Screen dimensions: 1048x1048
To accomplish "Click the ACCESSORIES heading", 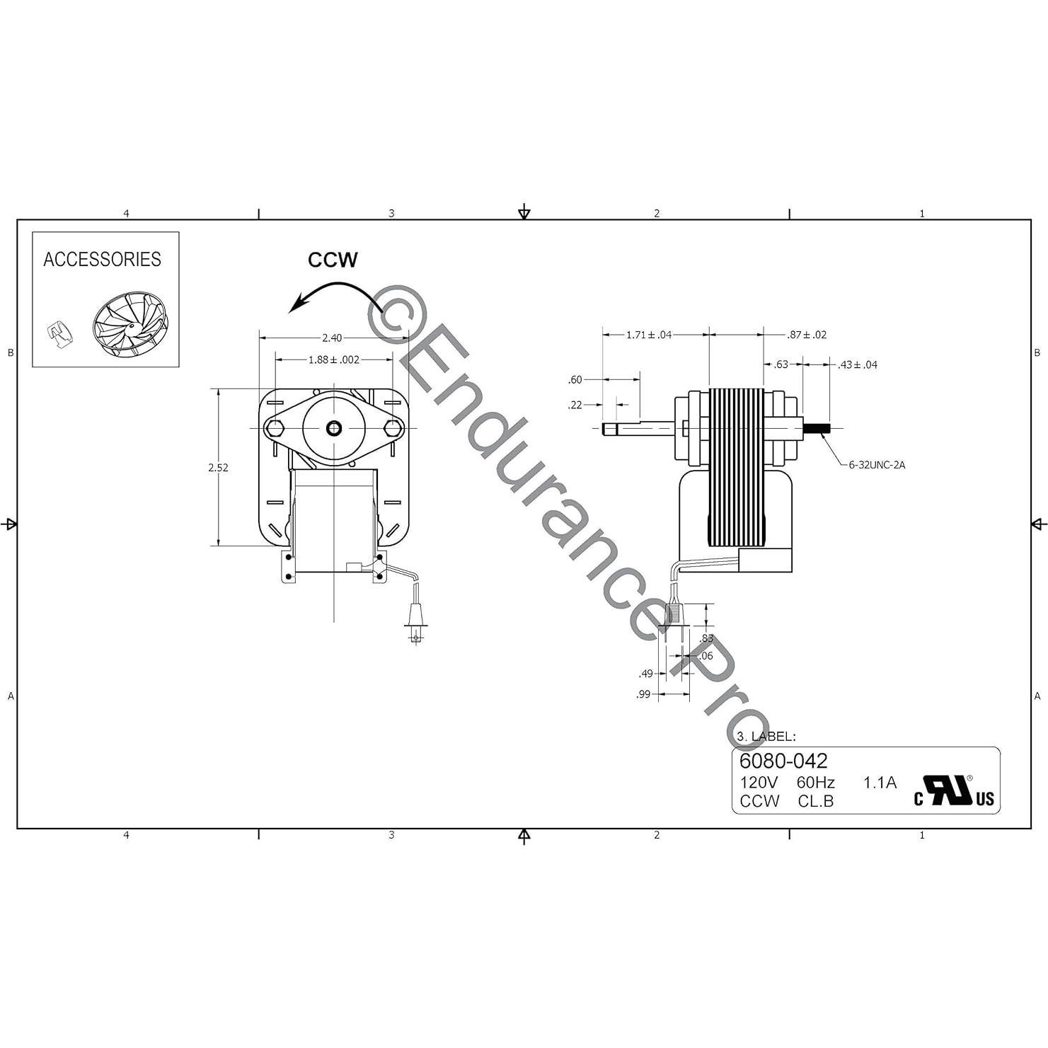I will [102, 260].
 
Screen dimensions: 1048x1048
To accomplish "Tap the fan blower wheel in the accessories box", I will [130, 326].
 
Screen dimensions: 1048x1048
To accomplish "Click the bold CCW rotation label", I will [333, 260].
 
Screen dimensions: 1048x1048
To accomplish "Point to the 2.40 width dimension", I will [332, 338].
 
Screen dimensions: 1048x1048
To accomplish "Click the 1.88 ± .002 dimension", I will [333, 359].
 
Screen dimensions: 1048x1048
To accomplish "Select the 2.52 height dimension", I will [218, 468].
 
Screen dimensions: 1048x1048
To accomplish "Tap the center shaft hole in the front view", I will [334, 428].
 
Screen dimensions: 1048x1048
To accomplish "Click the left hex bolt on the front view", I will [275, 428].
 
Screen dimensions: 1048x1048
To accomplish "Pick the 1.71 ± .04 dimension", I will [648, 335].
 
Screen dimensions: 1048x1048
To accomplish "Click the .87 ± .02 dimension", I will [807, 335].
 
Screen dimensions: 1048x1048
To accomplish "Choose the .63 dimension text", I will [781, 364].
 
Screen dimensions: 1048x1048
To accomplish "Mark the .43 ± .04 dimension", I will [857, 364].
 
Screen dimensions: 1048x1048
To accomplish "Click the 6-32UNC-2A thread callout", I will [877, 465].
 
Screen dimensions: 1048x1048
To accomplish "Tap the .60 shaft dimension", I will [575, 380].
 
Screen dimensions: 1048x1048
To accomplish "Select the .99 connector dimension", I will [643, 695].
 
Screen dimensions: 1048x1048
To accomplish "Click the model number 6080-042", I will [783, 761].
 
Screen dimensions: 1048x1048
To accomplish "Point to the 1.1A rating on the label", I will [880, 783].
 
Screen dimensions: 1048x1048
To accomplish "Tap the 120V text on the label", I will [759, 783].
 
